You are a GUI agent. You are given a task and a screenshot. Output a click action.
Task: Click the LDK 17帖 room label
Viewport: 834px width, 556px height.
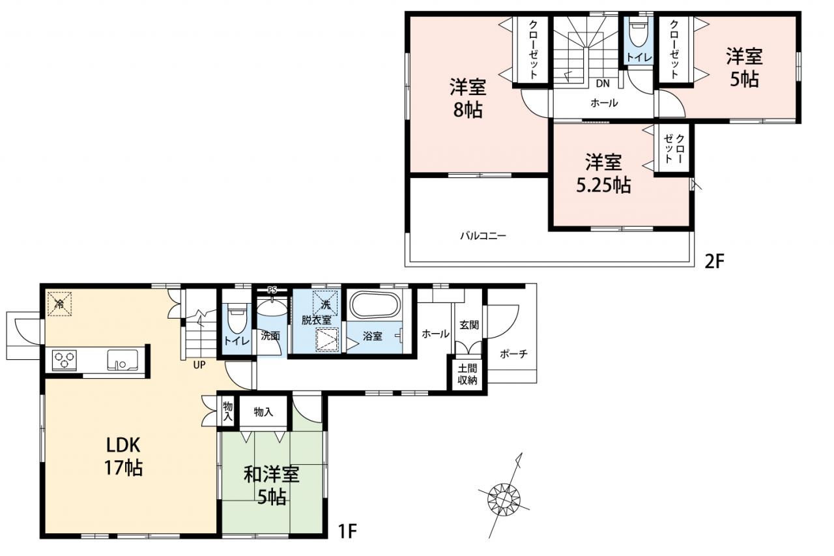123,456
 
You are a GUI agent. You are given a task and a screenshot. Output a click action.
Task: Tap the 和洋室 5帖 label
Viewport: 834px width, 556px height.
272,486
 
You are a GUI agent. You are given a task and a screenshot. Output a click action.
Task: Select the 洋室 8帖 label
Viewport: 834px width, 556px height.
468,98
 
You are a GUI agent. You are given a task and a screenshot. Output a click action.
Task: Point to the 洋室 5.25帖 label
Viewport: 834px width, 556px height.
603,173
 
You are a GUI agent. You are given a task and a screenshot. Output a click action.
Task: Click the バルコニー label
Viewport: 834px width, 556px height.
483,236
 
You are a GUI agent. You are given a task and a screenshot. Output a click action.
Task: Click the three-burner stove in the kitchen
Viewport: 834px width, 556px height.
65,360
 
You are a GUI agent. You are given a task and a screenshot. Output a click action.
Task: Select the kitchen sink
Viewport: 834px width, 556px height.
122,360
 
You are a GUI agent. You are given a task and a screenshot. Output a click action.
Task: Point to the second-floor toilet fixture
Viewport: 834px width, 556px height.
639,33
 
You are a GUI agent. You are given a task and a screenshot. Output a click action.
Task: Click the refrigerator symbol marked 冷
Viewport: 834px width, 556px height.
59,304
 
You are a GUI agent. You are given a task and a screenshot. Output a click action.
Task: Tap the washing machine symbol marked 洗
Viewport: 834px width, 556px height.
325,304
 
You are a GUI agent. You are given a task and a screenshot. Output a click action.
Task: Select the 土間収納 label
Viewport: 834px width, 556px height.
467,374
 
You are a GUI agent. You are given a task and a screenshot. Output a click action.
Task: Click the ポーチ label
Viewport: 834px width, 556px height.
514,353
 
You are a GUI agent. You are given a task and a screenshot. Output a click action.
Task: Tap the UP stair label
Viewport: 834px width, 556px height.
199,365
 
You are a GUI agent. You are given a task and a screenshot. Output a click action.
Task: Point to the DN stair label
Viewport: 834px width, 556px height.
603,83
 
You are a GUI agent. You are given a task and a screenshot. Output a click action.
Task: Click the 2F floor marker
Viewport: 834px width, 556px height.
715,261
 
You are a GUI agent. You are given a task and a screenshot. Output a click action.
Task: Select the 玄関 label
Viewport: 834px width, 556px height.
468,325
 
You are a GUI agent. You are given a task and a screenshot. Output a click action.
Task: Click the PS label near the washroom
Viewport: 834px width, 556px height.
272,289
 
